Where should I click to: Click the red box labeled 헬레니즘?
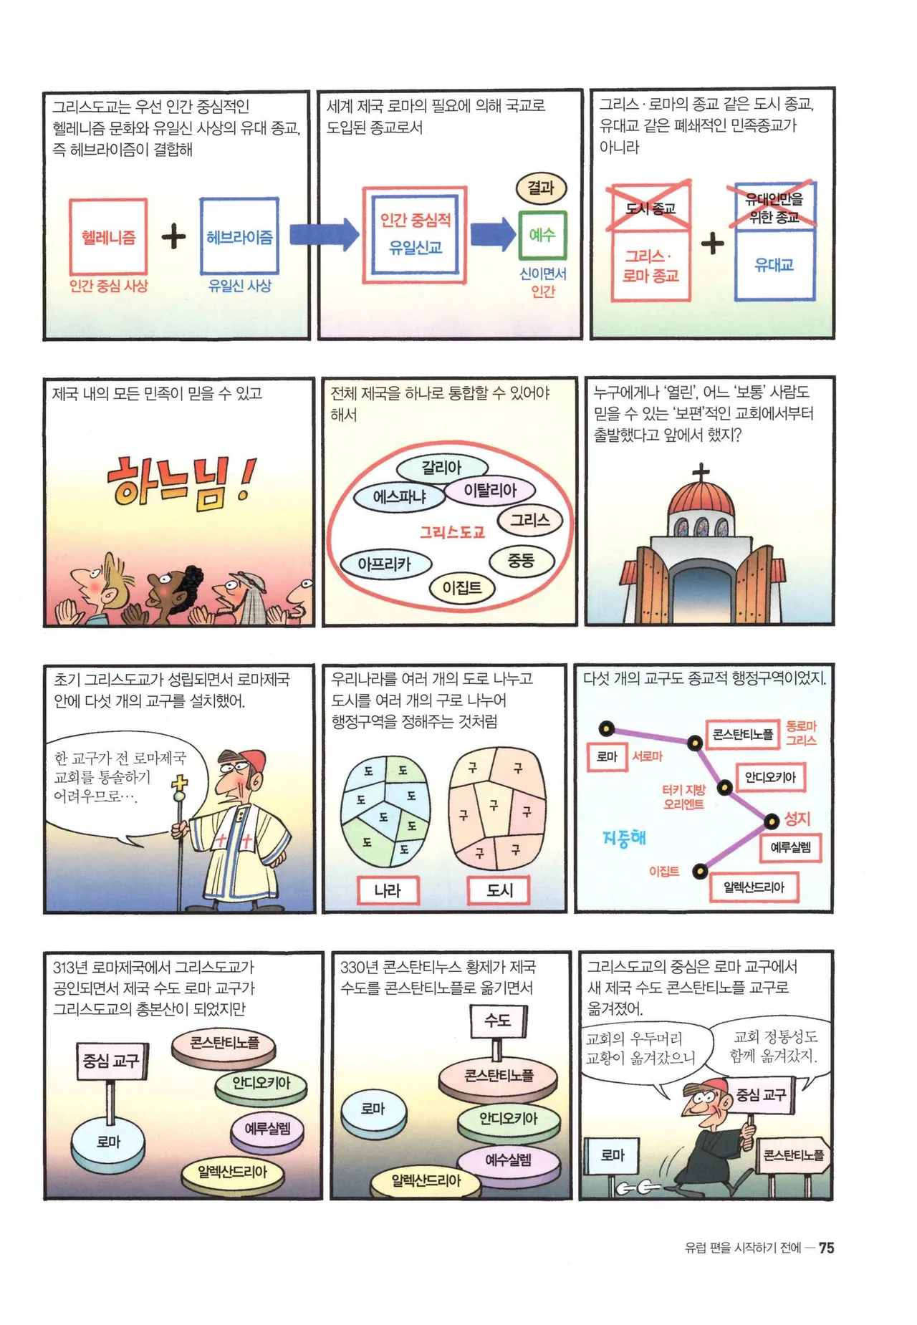[108, 236]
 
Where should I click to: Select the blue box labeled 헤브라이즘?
[239, 236]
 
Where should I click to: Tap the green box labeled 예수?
[542, 235]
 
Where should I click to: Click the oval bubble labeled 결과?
[542, 188]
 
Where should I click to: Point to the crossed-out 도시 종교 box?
[650, 207]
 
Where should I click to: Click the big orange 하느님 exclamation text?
[181, 482]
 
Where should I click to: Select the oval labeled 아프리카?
[385, 564]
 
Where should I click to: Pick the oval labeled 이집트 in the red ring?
[462, 588]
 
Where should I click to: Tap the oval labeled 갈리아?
[441, 468]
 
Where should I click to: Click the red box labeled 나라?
[388, 890]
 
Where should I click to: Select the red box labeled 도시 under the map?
[499, 890]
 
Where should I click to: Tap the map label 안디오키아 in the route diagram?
[770, 777]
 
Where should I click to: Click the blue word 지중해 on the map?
[624, 837]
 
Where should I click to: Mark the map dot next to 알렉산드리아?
[700, 871]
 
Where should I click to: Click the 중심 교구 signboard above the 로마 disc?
[111, 1061]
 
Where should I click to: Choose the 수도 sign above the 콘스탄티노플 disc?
[499, 1020]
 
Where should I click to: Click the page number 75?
[826, 1248]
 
